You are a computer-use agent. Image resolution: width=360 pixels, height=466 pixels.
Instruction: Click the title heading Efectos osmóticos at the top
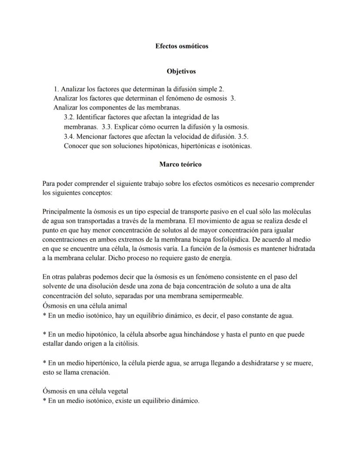[x=182, y=46]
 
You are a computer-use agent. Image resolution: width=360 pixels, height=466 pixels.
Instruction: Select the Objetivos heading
[x=181, y=71]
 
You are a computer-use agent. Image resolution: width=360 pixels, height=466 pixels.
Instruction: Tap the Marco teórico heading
[x=180, y=164]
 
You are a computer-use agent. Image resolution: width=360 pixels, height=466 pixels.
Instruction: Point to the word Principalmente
[x=64, y=211]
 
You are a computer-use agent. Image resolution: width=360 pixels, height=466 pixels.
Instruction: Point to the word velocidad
[x=187, y=136]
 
